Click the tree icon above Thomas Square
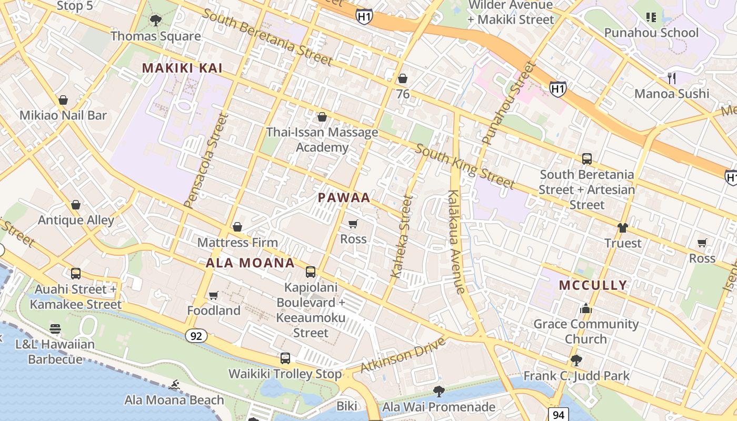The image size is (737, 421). (x=155, y=21)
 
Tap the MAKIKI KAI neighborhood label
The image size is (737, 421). (x=182, y=68)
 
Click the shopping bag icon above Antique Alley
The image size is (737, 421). (x=76, y=205)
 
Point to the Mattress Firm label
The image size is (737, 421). (x=237, y=243)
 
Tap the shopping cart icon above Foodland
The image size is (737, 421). (x=213, y=295)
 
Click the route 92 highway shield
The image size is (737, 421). (x=196, y=336)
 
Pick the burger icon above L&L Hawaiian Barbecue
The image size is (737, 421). (x=55, y=329)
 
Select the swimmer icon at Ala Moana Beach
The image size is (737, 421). (x=175, y=385)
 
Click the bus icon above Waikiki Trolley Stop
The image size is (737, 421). (x=285, y=358)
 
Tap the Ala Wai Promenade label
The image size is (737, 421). (x=439, y=407)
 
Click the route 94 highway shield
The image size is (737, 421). (x=558, y=415)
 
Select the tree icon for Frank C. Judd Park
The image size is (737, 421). (x=576, y=360)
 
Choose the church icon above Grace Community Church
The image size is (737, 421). (x=586, y=308)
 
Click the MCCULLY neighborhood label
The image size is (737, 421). (x=593, y=285)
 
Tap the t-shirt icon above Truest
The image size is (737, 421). (x=623, y=228)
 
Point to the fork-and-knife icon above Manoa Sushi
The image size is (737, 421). (x=672, y=78)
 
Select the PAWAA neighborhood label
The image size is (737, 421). (x=344, y=198)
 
